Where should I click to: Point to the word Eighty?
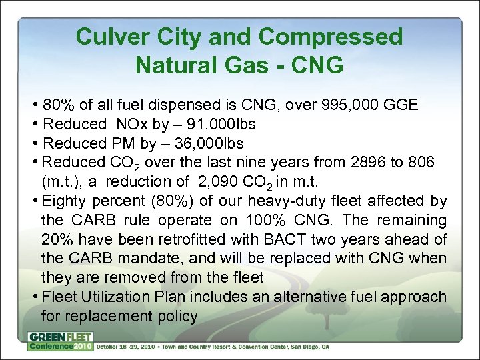point(65,201)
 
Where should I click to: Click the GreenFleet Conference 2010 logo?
point(60,341)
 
